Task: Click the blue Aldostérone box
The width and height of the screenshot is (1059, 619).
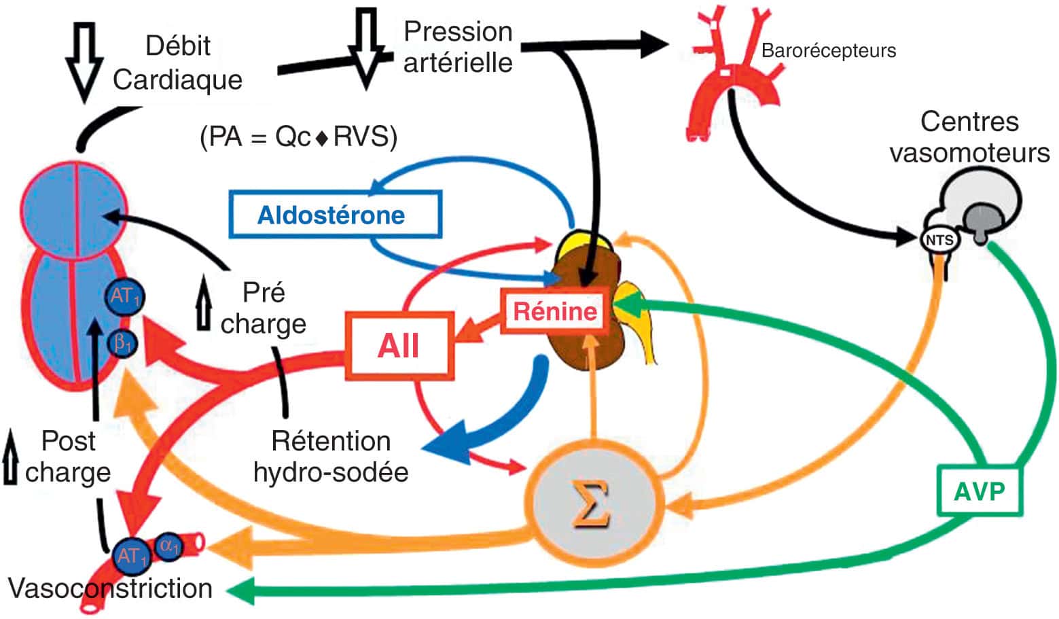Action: point(335,215)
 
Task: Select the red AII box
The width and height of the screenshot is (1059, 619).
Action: point(399,345)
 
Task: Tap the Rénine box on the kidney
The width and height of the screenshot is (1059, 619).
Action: point(554,311)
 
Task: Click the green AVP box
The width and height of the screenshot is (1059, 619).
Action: point(979,490)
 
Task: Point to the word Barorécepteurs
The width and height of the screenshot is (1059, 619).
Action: point(828,50)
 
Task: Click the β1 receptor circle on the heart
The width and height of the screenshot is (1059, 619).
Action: point(123,343)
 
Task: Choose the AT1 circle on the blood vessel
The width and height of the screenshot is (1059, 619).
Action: point(132,556)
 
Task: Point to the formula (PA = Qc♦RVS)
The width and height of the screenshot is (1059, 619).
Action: point(298,137)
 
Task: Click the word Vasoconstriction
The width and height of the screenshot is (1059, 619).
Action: point(110,588)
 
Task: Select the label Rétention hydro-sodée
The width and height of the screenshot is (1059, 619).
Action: point(331,456)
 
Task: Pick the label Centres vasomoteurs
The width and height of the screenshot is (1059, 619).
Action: point(970,137)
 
